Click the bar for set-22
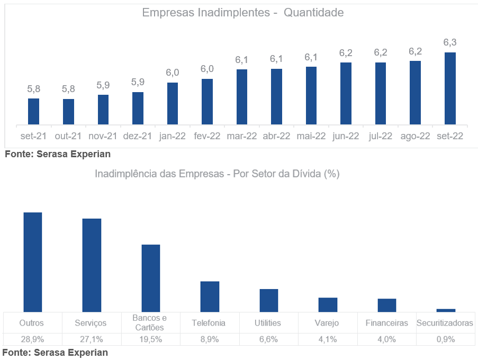coord(450,88)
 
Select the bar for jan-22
coord(172,104)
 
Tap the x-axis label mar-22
coord(242,136)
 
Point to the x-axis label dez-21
coord(138,136)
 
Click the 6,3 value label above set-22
coord(450,42)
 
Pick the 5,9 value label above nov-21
coord(103,85)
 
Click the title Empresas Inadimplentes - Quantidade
coord(242,13)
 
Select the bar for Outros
coord(33,262)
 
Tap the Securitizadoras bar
coord(446,310)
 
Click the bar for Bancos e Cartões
coord(151,278)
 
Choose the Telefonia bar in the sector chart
coord(210,296)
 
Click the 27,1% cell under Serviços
coord(91,339)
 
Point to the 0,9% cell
coord(446,339)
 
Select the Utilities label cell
coord(268,323)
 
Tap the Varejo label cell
coord(327,323)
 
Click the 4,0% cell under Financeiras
coord(386,339)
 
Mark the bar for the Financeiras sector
coord(386,305)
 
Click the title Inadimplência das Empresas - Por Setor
coord(217,174)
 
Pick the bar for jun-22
coord(346,94)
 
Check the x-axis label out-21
coord(68,136)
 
